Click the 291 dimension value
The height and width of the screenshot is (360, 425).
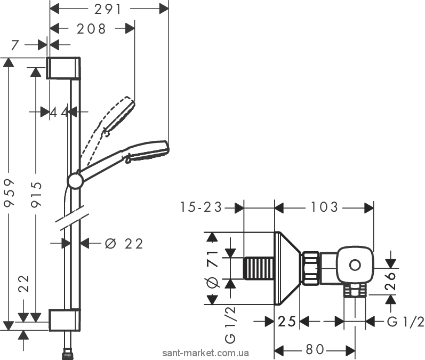click(108, 10)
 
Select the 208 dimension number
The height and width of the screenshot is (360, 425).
click(91, 29)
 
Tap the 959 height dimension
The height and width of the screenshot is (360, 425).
click(10, 193)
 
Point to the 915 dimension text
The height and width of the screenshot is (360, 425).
click(37, 195)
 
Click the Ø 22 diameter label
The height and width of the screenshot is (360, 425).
click(124, 244)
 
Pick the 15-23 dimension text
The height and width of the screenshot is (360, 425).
click(201, 207)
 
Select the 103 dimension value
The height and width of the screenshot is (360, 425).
click(324, 207)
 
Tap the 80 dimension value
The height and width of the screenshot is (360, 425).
click(315, 349)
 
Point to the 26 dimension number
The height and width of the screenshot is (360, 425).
click(390, 281)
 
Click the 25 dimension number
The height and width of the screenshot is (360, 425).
click(286, 322)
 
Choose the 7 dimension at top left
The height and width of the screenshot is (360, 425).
click(15, 45)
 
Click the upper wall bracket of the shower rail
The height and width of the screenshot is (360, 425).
click(63, 68)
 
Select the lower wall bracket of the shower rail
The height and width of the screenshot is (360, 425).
click(65, 320)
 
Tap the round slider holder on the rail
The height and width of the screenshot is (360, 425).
click(75, 181)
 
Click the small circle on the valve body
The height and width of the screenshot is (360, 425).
click(355, 265)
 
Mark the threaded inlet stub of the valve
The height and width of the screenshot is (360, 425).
click(259, 268)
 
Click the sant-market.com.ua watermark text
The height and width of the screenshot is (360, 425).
click(205, 353)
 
